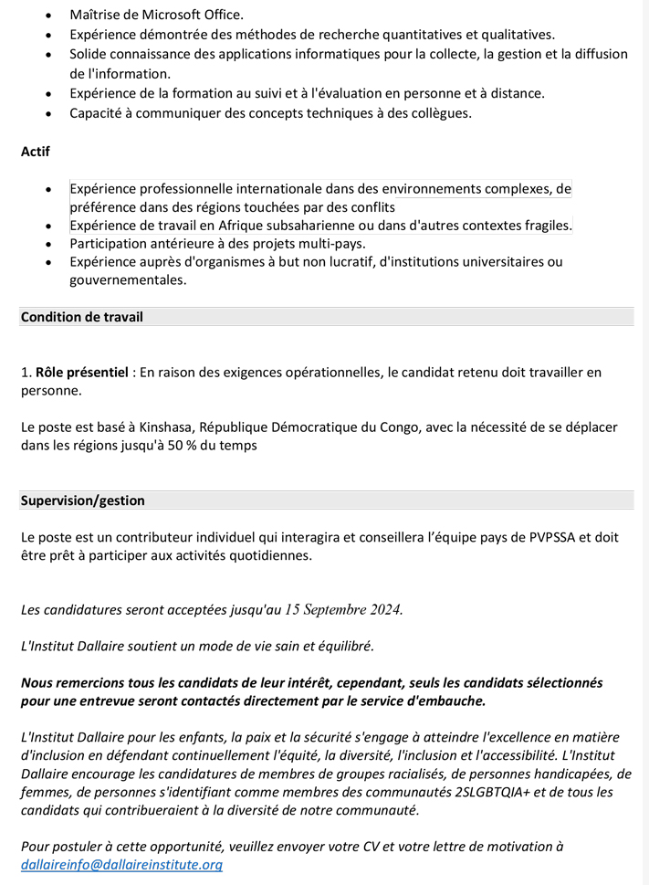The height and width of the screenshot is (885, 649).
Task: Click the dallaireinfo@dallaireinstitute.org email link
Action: coord(121,864)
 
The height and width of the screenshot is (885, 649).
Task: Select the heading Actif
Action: coord(36,152)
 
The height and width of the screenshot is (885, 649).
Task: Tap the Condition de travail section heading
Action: coord(82,317)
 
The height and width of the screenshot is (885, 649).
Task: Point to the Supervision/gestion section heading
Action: coord(83,500)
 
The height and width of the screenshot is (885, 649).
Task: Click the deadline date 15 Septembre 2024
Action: coord(343,609)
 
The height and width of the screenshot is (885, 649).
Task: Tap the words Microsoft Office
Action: coord(194,15)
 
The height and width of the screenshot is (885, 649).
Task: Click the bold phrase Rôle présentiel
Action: coord(81,372)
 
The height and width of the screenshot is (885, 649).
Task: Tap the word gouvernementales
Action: coord(128,279)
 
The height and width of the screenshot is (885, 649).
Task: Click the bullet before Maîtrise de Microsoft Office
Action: coord(48,16)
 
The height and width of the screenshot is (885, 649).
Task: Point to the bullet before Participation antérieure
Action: coord(48,244)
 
